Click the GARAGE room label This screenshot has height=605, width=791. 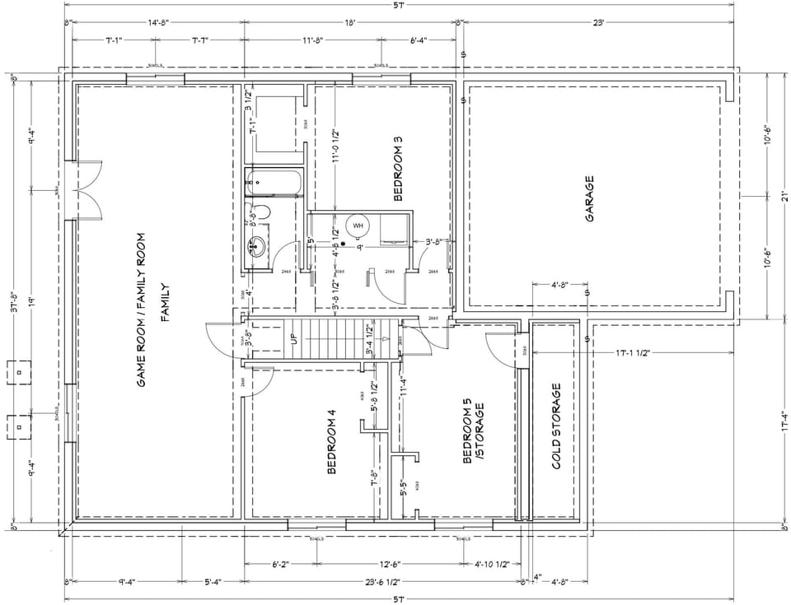(590, 198)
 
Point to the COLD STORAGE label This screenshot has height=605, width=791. (557, 426)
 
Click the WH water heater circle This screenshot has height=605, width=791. (358, 225)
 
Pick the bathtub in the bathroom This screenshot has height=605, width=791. (274, 182)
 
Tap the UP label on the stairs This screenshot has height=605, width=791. (293, 340)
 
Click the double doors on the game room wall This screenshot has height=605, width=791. (87, 190)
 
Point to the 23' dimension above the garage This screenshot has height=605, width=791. (598, 24)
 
